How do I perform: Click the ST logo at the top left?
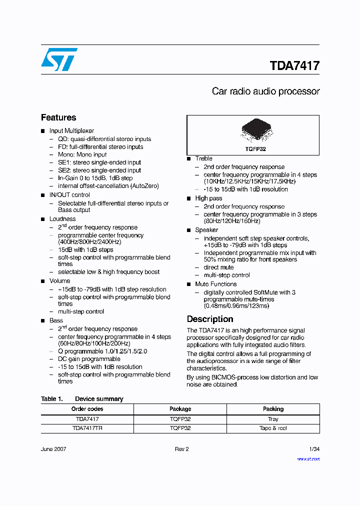click(59, 59)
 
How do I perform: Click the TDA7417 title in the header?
click(294, 66)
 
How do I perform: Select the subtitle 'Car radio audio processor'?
click(265, 91)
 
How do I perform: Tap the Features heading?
click(58, 117)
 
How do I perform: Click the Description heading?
click(210, 319)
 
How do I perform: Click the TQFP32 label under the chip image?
click(255, 149)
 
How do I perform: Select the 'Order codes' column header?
click(87, 409)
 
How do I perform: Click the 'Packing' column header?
click(273, 409)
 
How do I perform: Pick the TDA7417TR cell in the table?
click(87, 428)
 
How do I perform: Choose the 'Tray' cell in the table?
click(273, 419)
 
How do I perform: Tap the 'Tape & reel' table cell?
click(273, 428)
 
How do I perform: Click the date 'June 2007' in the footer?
click(53, 449)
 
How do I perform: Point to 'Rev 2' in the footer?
click(181, 449)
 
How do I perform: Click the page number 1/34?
click(314, 449)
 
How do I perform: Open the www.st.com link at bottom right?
click(308, 459)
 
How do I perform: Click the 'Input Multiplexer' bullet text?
click(71, 131)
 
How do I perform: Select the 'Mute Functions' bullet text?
click(215, 284)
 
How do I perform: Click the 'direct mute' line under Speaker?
click(218, 267)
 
